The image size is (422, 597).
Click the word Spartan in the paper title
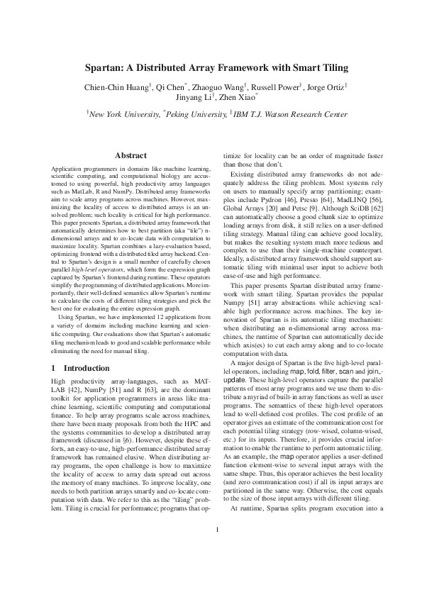click(105, 69)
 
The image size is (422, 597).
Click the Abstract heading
click(129, 155)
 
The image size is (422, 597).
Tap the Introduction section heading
click(87, 369)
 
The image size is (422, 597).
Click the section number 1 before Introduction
click(54, 369)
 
